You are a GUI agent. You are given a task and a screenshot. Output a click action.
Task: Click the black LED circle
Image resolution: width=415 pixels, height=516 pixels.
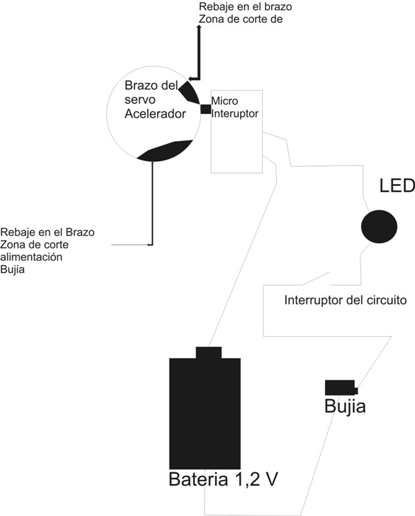coord(379,227)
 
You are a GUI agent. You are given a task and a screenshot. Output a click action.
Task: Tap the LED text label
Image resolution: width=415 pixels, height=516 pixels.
coord(397,186)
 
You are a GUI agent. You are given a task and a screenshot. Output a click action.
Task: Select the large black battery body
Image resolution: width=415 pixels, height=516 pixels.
coord(205,414)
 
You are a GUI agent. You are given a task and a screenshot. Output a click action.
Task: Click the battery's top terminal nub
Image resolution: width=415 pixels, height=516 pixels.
coord(209,353)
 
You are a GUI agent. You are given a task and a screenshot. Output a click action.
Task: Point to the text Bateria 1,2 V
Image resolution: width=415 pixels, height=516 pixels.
coord(223,479)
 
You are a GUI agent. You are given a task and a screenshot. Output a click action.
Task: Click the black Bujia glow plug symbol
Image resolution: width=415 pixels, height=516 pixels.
coord(341,387)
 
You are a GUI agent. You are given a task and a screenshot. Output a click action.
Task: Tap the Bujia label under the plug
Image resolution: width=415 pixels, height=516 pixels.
coord(345,407)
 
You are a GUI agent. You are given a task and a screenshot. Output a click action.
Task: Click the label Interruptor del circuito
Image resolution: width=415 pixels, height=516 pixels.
coord(345,300)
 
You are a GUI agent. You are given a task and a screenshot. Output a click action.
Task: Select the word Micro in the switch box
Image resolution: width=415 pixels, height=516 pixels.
coord(225,101)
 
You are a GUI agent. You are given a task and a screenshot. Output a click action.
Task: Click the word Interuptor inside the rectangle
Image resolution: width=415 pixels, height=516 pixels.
coord(234,114)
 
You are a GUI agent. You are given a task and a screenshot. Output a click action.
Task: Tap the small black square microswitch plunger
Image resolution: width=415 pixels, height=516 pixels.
coord(205,109)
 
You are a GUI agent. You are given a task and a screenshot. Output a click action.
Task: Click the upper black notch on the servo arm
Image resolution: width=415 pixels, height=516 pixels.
coord(189,93)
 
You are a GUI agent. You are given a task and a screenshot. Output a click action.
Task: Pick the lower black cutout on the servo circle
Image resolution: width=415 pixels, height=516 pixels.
coord(164,151)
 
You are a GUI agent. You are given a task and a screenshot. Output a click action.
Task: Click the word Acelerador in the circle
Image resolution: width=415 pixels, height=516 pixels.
coord(155,114)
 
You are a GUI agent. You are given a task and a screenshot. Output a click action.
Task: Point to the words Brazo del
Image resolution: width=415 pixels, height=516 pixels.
coord(151,86)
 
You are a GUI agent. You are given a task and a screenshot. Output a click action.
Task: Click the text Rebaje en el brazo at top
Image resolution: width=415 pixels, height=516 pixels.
coord(245,7)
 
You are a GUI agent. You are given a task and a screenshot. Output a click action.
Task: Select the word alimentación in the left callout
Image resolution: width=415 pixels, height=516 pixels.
coord(31,257)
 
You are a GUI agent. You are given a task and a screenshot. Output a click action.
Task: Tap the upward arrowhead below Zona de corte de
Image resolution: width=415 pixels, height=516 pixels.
coord(199,27)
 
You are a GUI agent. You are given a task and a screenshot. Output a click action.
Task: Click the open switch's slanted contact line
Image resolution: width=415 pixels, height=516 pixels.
coord(315,278)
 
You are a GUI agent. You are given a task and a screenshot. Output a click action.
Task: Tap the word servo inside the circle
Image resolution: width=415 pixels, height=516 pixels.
coord(140,100)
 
